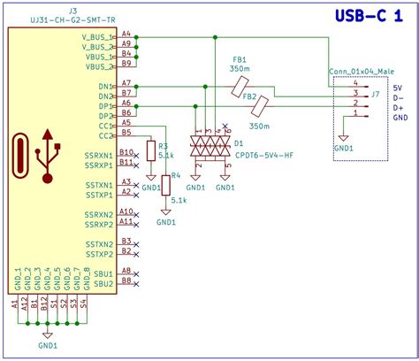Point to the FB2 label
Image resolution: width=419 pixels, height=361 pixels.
pos(249,96)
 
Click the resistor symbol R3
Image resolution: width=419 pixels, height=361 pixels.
pos(151,152)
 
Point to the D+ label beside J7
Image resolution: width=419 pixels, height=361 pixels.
pos(398,107)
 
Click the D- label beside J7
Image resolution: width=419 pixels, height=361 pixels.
pos(398,98)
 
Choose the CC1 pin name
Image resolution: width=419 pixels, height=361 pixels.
pos(105,126)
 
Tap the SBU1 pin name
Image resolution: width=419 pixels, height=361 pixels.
pos(103,273)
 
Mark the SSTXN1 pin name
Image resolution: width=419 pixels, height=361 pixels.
pos(99,184)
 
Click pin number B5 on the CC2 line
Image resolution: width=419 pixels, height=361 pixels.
pos(126,133)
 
